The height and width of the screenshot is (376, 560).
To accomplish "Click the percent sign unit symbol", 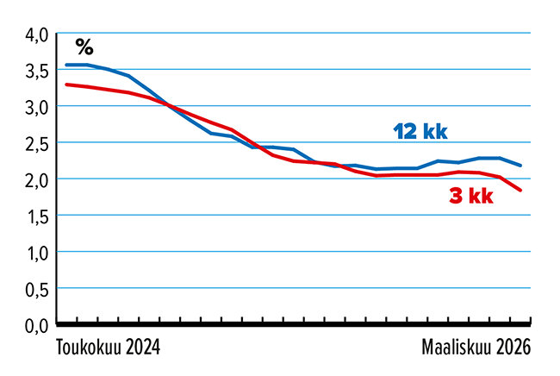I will (x=84, y=46).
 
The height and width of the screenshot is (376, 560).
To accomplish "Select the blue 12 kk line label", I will (x=420, y=132).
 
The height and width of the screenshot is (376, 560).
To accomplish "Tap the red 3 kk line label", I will (x=471, y=197).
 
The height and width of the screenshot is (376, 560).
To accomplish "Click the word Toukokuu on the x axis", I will (x=89, y=348).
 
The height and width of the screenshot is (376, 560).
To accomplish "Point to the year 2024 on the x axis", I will (x=143, y=348).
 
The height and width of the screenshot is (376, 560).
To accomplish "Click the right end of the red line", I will (x=521, y=191).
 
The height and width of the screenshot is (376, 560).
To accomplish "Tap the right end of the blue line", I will (x=521, y=166).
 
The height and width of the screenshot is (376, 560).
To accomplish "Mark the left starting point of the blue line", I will (x=67, y=65).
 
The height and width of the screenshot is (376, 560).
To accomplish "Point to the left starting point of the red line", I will (x=67, y=85).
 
